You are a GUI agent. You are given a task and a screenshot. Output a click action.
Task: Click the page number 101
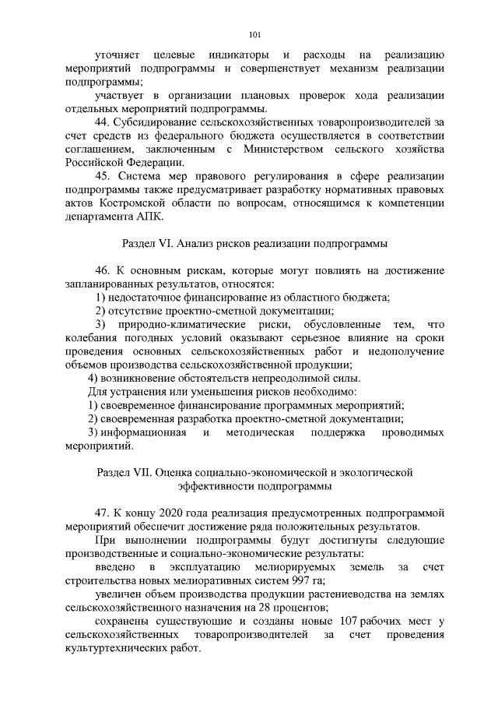[x=254, y=33]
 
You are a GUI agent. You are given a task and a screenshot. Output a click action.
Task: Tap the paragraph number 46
[x=102, y=270]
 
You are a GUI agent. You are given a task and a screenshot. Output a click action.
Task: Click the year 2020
[x=171, y=513]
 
